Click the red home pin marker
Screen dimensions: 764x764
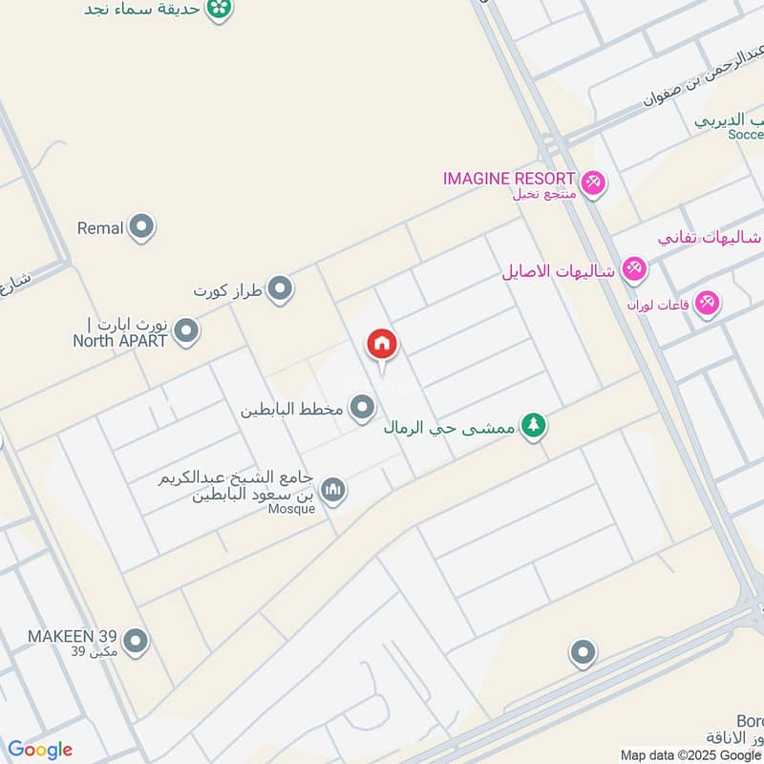coord(382,346)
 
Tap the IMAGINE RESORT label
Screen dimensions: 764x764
coord(509,179)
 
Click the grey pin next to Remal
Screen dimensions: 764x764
coord(142,227)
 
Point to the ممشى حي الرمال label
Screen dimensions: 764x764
coord(449,428)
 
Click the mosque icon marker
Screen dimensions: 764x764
coord(332,490)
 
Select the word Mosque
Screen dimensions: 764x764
coord(292,509)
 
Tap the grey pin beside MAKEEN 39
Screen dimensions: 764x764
coord(136,641)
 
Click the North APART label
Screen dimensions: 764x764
coord(119,341)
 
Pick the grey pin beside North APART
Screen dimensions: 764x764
coord(186,331)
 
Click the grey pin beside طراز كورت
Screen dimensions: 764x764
coord(279,287)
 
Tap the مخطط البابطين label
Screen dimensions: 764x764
coord(290,411)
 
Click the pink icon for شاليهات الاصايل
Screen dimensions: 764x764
coord(633,269)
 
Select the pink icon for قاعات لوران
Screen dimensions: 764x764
coord(707,303)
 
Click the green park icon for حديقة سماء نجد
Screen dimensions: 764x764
coord(220,9)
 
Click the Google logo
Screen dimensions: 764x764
coord(40,750)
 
